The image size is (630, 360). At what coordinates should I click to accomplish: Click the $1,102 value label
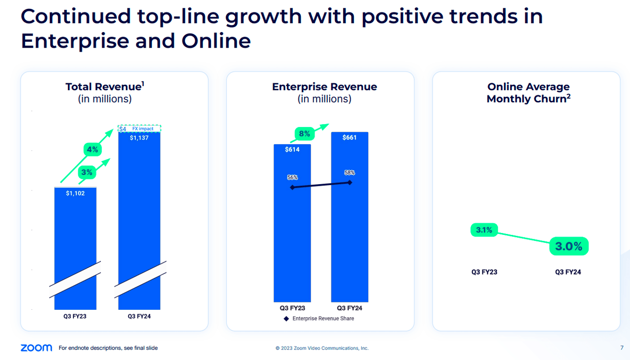click(75, 194)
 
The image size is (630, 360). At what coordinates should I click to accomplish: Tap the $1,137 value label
click(139, 138)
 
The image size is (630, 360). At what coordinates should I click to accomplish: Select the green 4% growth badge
click(92, 149)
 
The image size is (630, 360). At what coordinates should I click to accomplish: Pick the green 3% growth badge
click(87, 172)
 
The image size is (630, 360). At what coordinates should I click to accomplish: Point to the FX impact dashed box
click(140, 129)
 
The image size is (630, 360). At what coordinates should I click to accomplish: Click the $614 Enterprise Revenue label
click(292, 150)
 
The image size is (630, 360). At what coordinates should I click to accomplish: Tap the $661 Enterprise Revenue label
click(349, 137)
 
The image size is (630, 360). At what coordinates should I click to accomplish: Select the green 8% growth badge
click(304, 133)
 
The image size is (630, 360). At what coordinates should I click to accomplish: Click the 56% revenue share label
click(292, 177)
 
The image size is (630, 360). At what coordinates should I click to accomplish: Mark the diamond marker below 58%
click(350, 182)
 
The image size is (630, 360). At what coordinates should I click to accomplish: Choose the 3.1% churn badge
click(484, 230)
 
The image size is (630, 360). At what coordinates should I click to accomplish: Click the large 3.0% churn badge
click(568, 247)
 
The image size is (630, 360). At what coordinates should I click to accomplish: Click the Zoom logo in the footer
click(36, 348)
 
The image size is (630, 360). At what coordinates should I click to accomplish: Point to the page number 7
click(622, 348)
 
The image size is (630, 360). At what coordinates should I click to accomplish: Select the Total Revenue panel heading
click(105, 87)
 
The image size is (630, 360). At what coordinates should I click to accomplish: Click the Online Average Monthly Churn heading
click(528, 93)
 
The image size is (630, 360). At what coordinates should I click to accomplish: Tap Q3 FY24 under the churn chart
click(568, 272)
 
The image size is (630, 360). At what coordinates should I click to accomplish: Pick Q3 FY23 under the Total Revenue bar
click(75, 316)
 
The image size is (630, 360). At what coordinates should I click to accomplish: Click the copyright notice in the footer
click(322, 348)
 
